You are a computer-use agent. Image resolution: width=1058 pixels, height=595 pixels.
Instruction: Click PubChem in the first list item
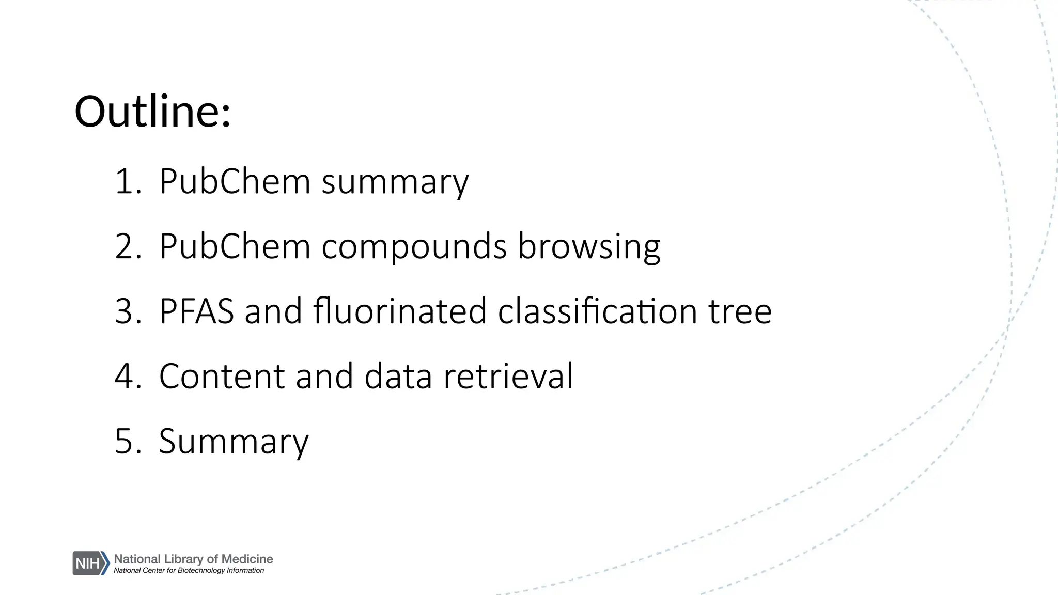235,182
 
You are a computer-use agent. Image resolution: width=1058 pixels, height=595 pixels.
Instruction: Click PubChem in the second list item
235,246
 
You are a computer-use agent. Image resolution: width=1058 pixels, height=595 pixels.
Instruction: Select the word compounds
414,246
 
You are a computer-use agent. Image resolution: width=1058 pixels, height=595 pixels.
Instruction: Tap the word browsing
589,247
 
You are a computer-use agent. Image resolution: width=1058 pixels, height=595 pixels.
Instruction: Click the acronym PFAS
196,311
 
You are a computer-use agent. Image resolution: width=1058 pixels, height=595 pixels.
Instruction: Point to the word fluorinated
400,311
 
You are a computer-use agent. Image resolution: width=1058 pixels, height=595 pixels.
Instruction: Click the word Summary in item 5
234,442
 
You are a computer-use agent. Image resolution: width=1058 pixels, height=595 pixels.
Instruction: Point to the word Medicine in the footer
247,559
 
